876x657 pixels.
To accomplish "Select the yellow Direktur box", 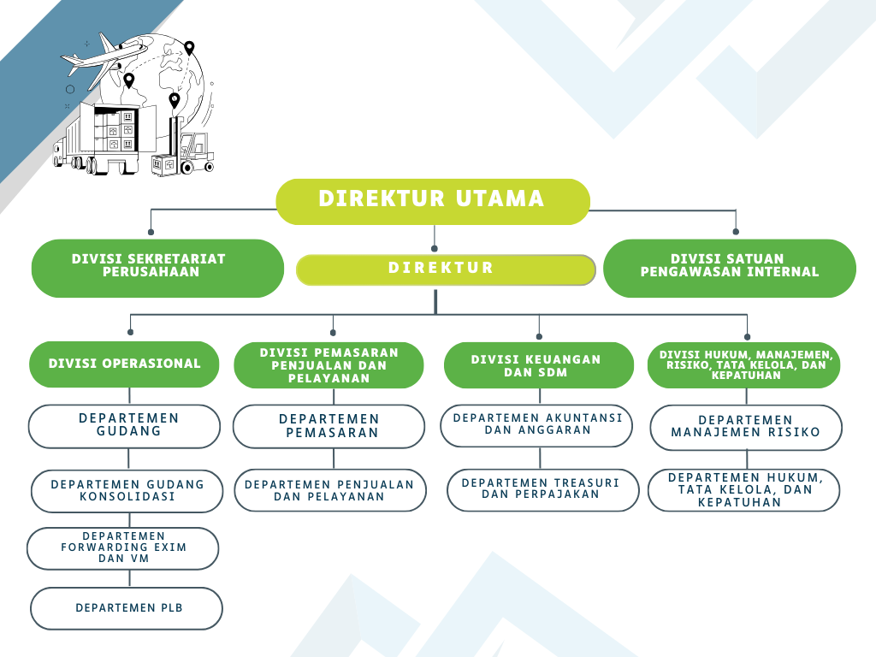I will coord(445,269).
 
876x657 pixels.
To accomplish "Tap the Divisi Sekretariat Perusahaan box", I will coord(157,268).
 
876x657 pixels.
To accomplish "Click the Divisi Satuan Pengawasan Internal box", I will coord(730,268).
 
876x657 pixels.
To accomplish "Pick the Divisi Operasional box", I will coord(125,364).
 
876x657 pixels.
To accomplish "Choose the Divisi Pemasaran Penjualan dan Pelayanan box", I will coord(328,365).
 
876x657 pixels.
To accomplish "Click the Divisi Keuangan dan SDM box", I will coord(536,365).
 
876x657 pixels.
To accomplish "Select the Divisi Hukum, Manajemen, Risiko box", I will coord(744,365).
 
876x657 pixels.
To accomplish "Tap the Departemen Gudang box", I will coord(125,426).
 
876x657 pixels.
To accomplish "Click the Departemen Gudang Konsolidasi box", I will coord(127,491).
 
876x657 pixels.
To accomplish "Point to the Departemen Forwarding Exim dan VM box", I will coord(123,548).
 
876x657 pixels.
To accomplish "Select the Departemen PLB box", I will coord(127,608).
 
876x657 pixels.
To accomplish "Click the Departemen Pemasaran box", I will coord(328,426).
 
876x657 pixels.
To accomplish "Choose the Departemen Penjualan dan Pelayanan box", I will coord(330,490).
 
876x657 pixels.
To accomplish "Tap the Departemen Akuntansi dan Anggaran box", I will coord(537,425).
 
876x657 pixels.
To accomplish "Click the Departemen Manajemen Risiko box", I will coord(746,427).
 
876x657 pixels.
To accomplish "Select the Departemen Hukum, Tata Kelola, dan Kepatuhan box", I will coord(743,490).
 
